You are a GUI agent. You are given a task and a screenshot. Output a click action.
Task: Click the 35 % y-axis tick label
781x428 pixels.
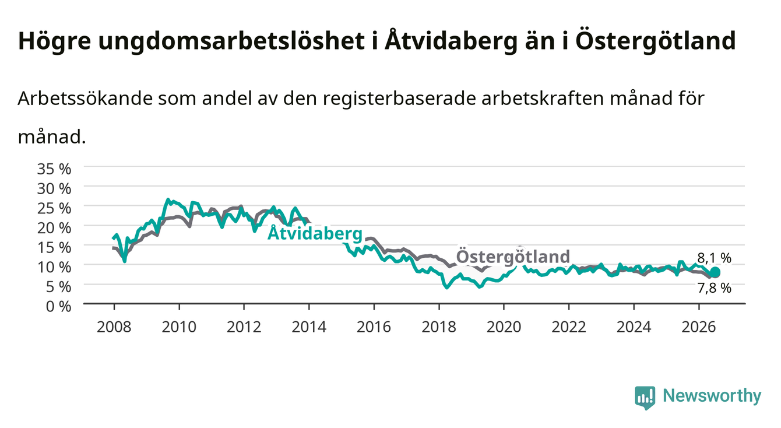[x=54, y=169]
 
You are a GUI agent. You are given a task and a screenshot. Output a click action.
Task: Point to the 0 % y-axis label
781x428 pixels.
[x=58, y=307]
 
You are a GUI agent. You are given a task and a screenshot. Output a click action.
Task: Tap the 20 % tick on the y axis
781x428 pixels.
[x=54, y=228]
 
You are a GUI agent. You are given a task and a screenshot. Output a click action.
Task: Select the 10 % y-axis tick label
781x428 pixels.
[x=54, y=268]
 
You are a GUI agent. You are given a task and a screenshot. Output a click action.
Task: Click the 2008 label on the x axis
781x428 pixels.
[x=114, y=327]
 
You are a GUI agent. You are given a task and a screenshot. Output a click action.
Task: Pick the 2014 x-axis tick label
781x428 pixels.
[x=309, y=327]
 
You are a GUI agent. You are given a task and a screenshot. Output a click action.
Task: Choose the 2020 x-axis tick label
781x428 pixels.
[x=504, y=327]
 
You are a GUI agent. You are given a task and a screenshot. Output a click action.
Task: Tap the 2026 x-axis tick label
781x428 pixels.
[x=699, y=327]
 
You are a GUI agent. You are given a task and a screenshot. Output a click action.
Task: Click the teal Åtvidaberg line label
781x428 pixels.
[x=315, y=233]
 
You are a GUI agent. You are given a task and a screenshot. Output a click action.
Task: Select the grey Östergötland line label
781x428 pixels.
[x=513, y=256]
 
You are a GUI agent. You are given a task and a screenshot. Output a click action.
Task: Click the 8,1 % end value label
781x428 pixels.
[x=714, y=258]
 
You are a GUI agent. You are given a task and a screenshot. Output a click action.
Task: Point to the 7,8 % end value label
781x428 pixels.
[x=714, y=288]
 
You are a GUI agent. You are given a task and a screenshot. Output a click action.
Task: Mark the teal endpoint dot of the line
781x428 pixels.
[x=715, y=272]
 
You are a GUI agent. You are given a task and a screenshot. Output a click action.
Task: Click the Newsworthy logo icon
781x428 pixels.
[x=645, y=398]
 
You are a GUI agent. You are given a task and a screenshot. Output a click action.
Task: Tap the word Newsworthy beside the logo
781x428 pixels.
[x=712, y=396]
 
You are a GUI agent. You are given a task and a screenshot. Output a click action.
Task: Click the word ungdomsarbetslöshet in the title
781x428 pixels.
[x=231, y=41]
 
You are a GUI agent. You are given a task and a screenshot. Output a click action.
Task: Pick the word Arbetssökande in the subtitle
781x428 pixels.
[x=85, y=99]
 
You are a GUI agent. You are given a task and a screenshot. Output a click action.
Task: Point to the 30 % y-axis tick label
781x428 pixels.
[x=54, y=189]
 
